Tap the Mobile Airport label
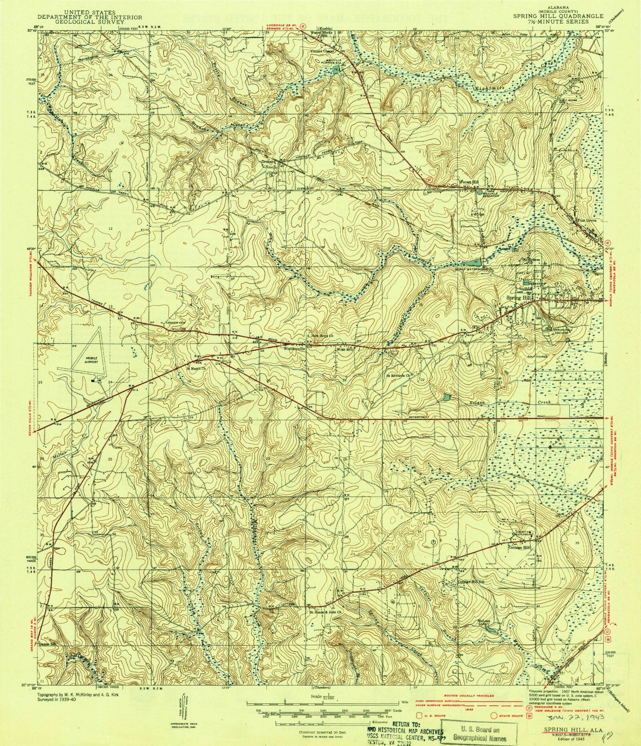(x=90, y=360)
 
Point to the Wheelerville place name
(x=292, y=349)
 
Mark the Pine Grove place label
(x=587, y=221)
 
